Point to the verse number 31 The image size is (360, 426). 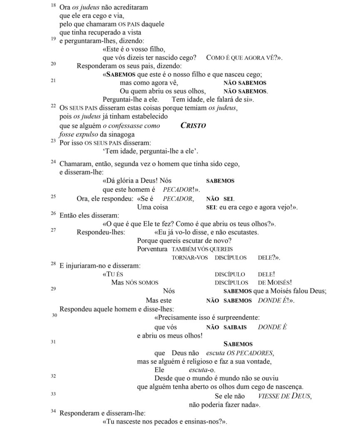[54, 342]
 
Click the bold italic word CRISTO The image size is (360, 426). [194, 125]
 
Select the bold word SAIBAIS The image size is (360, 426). [235, 327]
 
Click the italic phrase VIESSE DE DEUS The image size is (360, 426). [285, 396]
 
